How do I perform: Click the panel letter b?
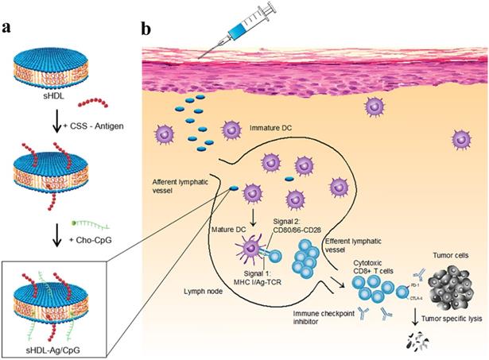click(x=146, y=29)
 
